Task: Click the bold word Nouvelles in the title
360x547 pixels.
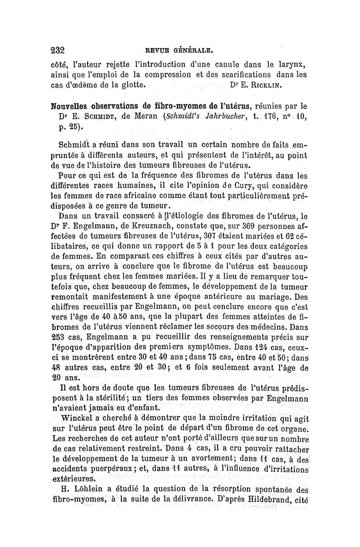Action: point(76,108)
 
